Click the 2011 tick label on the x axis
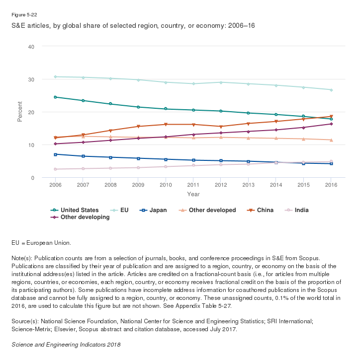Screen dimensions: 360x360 pos(193,185)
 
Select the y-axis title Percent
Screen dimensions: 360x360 pos(20,112)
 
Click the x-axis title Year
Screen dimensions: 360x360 pos(193,194)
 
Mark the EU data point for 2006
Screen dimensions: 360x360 pos(56,76)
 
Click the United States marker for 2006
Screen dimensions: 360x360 pos(56,97)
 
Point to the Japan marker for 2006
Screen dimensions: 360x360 pos(56,154)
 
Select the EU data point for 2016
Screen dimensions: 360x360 pos(332,90)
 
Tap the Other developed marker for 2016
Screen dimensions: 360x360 pos(332,140)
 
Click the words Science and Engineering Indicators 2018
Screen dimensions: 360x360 pos(66,344)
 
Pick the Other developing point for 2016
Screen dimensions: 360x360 pos(332,124)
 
